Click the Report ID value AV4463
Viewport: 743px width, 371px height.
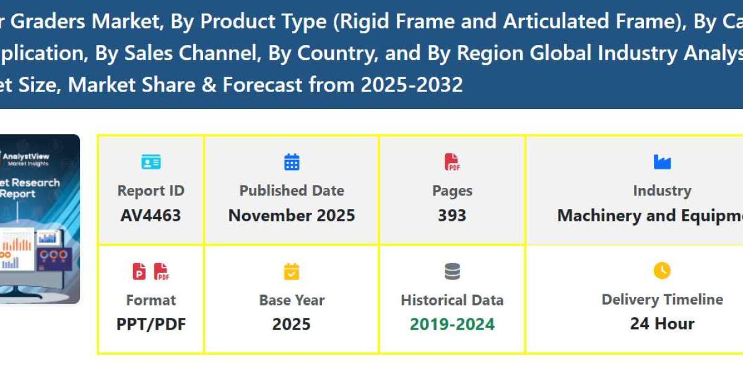(150, 215)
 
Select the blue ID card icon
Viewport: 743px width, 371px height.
(150, 163)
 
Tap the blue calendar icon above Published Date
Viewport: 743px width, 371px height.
(292, 163)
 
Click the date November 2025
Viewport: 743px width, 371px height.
(292, 215)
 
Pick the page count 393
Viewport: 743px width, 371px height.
(452, 215)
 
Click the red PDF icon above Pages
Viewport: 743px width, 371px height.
(452, 163)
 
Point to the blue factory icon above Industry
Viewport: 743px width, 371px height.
(662, 163)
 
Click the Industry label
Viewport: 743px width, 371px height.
(662, 191)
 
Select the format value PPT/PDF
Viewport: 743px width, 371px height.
(150, 324)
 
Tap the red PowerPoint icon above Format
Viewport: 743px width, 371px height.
(139, 271)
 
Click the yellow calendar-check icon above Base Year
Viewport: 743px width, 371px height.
(292, 271)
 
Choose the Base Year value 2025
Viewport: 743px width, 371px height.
(292, 324)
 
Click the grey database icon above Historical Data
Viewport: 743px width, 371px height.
(452, 271)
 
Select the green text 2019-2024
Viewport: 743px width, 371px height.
(452, 324)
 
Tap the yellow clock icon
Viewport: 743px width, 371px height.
(662, 271)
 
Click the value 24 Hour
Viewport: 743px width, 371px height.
(662, 323)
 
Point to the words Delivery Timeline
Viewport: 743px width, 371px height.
(662, 300)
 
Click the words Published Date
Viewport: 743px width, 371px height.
(292, 191)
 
